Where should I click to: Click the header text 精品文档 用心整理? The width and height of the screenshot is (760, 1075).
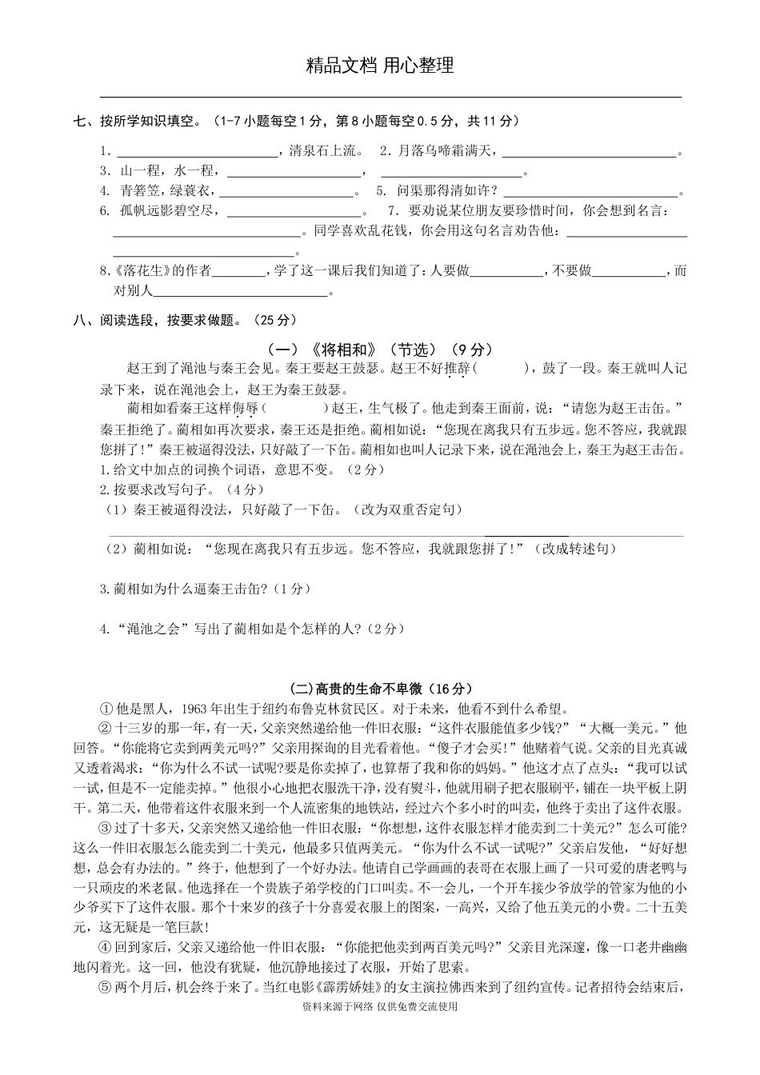(380, 66)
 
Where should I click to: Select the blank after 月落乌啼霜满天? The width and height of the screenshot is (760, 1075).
(589, 153)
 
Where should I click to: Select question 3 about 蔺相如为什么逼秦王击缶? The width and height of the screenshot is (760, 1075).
(205, 589)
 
